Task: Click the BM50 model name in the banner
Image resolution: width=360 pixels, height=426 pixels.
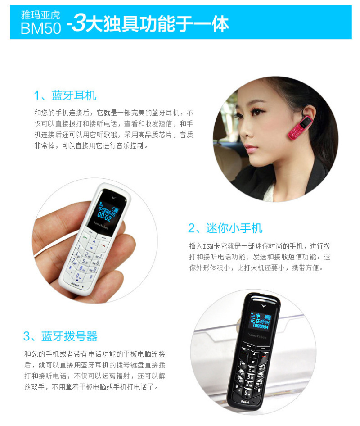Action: click(x=41, y=28)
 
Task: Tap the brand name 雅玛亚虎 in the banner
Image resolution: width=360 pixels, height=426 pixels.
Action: click(x=40, y=15)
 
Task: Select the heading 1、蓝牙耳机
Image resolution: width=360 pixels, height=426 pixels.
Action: click(x=65, y=95)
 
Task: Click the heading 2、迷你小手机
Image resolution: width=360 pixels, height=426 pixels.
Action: click(x=225, y=228)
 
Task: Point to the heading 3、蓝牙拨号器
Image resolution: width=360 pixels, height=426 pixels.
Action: click(x=60, y=336)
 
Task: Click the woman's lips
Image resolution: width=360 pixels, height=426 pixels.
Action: click(x=252, y=149)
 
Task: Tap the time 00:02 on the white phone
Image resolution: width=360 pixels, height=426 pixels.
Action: click(x=104, y=217)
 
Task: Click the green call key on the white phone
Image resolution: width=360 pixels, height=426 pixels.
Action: click(x=85, y=237)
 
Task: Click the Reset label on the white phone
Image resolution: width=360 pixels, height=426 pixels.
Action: click(x=75, y=284)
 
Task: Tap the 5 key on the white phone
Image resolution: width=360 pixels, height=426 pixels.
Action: click(x=85, y=261)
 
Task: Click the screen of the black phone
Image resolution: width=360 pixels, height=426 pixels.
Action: click(x=260, y=321)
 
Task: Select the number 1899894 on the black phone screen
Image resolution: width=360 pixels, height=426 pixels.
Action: click(x=260, y=326)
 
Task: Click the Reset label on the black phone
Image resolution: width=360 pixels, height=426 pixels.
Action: click(x=245, y=402)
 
